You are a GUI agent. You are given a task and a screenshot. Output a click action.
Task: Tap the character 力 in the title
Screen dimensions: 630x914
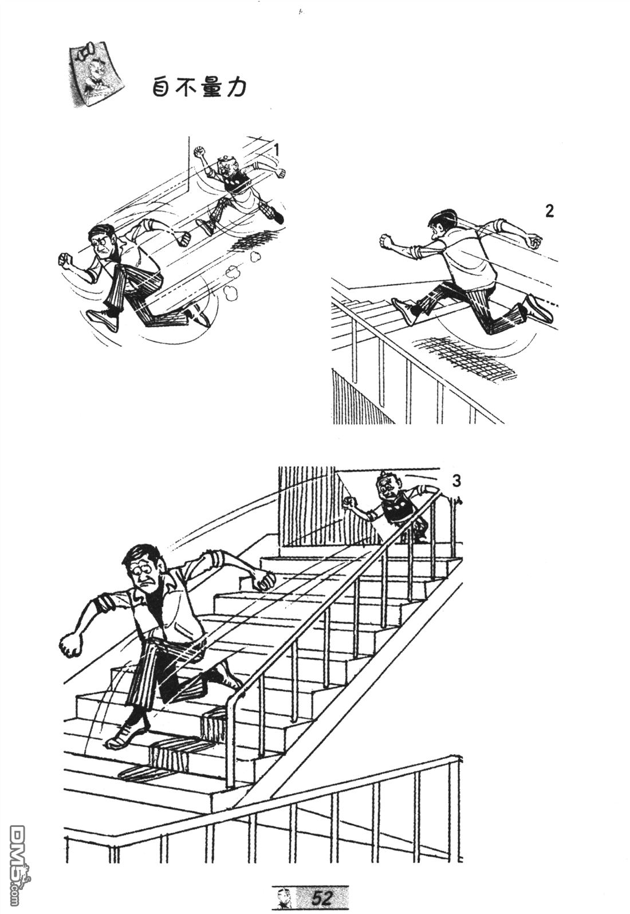tap(236, 87)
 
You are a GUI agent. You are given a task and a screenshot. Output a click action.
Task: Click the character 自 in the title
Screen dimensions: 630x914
tap(162, 87)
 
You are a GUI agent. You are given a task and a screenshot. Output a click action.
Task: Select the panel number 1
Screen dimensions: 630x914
tap(277, 151)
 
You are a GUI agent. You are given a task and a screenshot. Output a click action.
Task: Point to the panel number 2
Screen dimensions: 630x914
tap(549, 211)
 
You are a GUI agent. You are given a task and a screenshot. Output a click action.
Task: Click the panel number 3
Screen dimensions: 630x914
tap(456, 481)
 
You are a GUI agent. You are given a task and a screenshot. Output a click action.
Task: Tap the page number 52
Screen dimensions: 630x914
tap(321, 897)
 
